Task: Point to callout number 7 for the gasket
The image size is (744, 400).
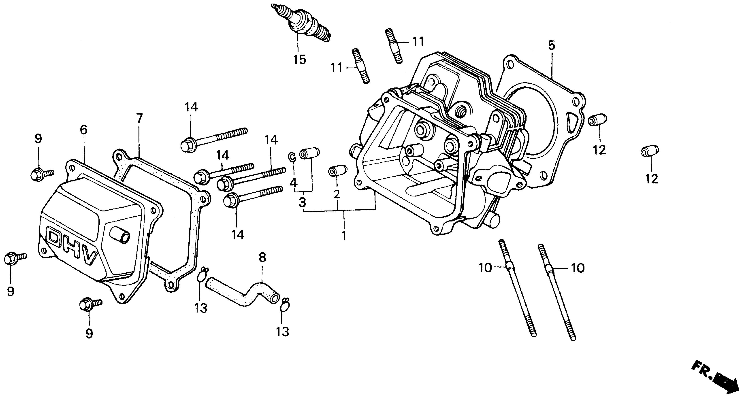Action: point(139,118)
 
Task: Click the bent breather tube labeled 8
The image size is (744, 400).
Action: point(243,293)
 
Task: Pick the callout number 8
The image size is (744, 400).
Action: point(262,257)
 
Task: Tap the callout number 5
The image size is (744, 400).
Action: point(552,45)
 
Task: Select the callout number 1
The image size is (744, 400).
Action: point(344,235)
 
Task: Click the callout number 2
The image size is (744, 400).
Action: point(337,194)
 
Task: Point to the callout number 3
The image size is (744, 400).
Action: point(302,202)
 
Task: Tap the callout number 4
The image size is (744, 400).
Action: point(293,182)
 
